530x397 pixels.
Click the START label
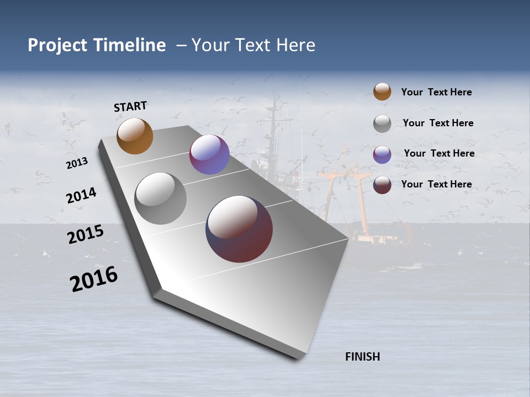(x=130, y=106)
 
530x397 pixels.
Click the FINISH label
(x=362, y=357)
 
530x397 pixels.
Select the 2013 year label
(x=77, y=163)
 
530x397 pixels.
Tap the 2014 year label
(x=81, y=196)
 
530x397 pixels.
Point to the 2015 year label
(x=86, y=234)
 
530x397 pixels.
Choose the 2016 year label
(x=94, y=279)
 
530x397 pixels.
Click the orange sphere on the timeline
(x=135, y=136)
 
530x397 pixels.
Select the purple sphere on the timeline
(x=209, y=154)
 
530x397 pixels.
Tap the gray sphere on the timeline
(x=160, y=198)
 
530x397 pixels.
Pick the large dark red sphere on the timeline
(x=239, y=229)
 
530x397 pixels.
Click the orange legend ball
(x=382, y=92)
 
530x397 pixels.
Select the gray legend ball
(x=382, y=124)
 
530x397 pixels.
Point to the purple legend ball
(x=382, y=154)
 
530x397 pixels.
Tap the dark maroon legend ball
(x=382, y=185)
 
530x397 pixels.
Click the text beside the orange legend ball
(x=436, y=92)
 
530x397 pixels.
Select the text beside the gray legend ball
(x=438, y=123)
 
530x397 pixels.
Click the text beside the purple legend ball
(x=439, y=153)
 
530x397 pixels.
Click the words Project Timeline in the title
(x=97, y=45)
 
